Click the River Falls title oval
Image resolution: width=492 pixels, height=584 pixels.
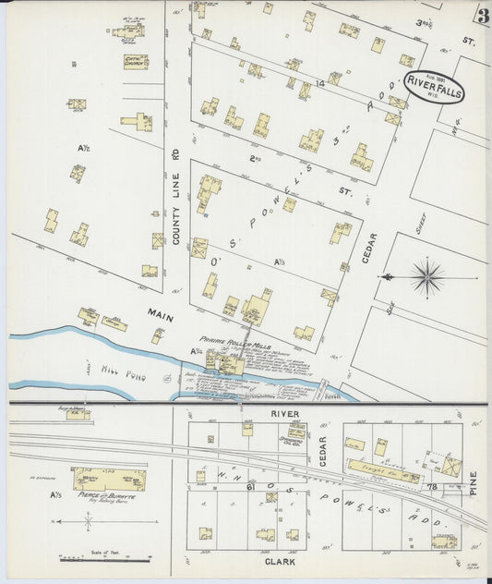(x=434, y=88)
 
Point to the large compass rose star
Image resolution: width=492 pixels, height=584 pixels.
(x=426, y=276)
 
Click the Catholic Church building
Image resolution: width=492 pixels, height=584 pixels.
(x=136, y=62)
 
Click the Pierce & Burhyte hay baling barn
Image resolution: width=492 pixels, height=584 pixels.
(x=109, y=479)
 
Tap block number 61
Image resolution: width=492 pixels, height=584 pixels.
(x=248, y=484)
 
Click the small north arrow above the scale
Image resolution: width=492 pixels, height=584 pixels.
(x=87, y=522)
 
